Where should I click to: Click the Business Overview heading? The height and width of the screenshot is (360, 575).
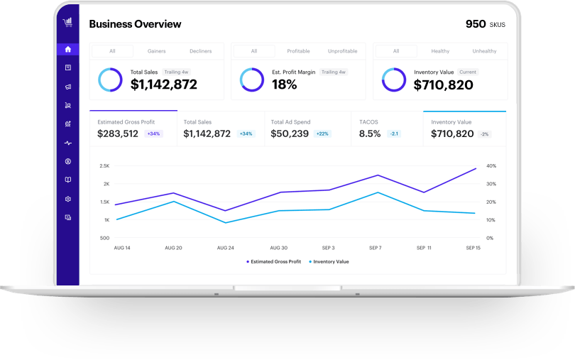[135, 24]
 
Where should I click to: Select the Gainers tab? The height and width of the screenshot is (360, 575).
[156, 51]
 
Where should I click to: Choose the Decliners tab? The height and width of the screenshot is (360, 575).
[200, 51]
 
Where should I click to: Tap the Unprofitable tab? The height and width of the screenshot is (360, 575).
[342, 51]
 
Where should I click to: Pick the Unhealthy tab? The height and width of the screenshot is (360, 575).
[484, 51]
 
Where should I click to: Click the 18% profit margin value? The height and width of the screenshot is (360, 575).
[284, 84]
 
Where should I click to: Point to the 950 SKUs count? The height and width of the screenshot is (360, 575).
[486, 24]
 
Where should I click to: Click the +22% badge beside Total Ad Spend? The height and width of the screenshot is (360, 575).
[322, 133]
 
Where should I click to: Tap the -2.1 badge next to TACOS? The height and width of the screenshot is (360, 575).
[394, 133]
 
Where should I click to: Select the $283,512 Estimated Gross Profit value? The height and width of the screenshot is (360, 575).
[118, 133]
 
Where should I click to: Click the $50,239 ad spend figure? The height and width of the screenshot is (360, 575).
[290, 133]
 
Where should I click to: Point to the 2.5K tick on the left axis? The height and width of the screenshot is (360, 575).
[104, 166]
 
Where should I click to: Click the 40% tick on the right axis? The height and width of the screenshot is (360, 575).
[491, 166]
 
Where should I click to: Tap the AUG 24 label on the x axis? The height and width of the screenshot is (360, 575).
[225, 248]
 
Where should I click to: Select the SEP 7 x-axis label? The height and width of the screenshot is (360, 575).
[376, 248]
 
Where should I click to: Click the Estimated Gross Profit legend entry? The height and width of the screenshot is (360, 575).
[274, 262]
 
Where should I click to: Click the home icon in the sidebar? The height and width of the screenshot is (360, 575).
[68, 50]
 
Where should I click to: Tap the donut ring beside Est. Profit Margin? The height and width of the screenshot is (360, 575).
[252, 80]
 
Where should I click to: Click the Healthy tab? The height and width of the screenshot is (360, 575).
[440, 51]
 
